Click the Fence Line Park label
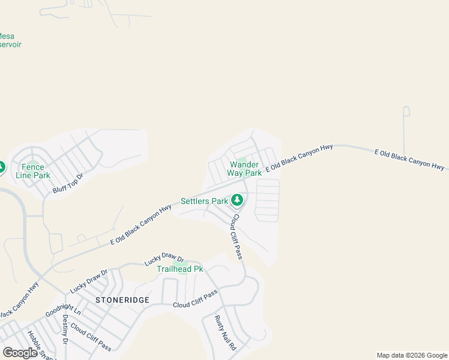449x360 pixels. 33,171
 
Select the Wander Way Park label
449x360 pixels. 244,169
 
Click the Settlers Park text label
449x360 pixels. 204,201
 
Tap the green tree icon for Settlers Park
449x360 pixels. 238,199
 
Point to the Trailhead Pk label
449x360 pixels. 179,269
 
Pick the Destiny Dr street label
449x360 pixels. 65,330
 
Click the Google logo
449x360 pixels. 20,353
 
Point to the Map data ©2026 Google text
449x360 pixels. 412,355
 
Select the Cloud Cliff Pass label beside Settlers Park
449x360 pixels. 237,237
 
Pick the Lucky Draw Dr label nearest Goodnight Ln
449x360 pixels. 88,281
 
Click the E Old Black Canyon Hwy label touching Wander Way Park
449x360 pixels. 299,157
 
